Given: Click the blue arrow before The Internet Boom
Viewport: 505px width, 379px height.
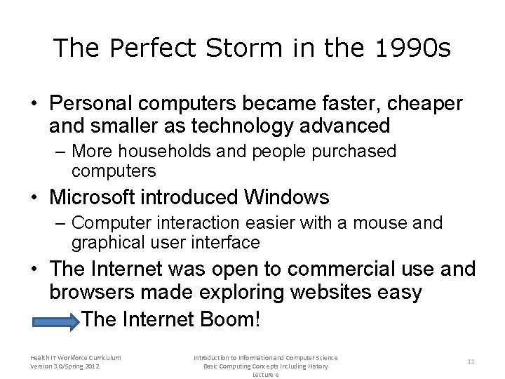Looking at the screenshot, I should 56,321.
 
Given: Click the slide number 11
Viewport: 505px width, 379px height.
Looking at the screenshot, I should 471,361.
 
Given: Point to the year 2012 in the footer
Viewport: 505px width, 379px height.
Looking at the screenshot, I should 91,366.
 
